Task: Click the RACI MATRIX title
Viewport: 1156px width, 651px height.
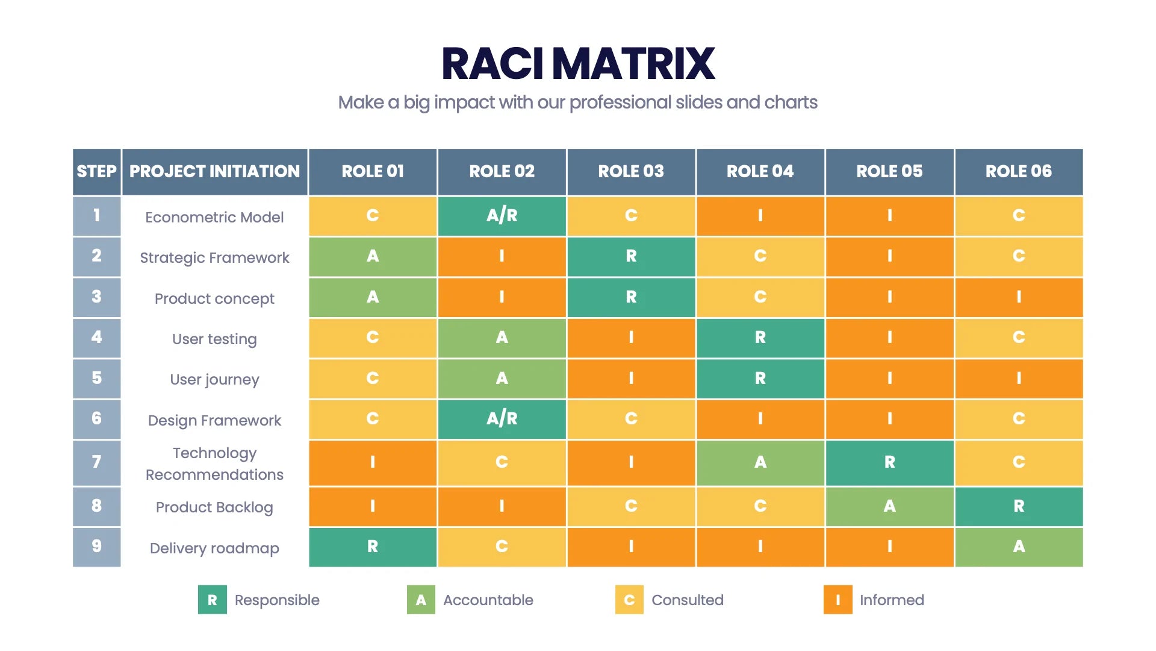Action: pos(578,64)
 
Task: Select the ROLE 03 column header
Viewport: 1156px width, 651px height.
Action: pos(630,172)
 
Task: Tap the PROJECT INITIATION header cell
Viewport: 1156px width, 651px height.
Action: pos(214,172)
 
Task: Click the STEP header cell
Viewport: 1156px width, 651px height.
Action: pos(96,172)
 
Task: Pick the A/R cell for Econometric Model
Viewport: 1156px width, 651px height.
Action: pos(502,216)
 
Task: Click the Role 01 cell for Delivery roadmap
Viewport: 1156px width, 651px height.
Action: pos(373,547)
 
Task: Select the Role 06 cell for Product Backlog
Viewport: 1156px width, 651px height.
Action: pos(1018,506)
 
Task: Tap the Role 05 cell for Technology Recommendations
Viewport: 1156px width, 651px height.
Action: pos(889,462)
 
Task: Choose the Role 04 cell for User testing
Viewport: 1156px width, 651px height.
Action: pos(760,338)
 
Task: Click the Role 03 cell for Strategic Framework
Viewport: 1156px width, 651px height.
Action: pos(630,256)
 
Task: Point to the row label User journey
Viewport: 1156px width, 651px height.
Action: pos(214,380)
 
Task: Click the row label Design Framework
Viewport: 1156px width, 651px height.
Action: pos(214,420)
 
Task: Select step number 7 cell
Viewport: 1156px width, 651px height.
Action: pos(96,462)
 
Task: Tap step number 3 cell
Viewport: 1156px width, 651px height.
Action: pos(96,297)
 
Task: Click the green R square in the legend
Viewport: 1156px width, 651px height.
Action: pos(212,600)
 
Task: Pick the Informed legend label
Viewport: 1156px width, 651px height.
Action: pos(891,600)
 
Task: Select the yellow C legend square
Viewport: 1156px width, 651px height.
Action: pos(629,600)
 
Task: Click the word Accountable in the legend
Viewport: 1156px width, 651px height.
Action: pos(488,600)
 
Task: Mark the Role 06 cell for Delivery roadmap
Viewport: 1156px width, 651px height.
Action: pos(1018,547)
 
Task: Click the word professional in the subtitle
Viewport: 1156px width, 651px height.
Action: pos(620,102)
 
